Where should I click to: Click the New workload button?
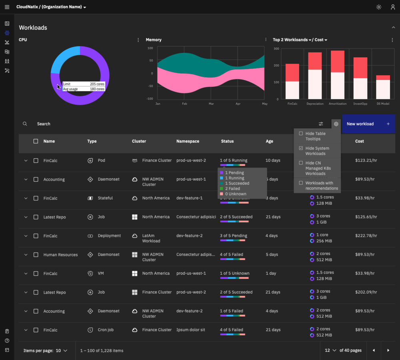pos(368,124)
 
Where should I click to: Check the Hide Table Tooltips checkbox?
pos(301,134)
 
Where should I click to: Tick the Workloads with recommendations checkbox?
pos(301,183)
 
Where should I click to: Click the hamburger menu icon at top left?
pos(7,7)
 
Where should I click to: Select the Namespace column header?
pos(188,141)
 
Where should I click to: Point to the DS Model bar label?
pos(383,104)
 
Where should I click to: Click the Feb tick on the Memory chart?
pos(184,104)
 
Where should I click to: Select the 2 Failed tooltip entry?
pos(232,188)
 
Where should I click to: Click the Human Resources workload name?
pos(60,255)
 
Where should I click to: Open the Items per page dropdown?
pos(61,351)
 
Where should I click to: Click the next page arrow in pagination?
pos(388,350)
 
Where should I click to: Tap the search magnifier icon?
pos(25,124)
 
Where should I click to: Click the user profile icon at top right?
pos(393,7)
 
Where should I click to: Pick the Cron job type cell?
pos(106,330)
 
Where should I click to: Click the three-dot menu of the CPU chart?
pos(138,40)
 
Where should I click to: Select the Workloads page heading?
pos(33,28)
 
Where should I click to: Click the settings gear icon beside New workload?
pos(336,124)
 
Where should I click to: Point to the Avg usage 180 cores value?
pos(97,89)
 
